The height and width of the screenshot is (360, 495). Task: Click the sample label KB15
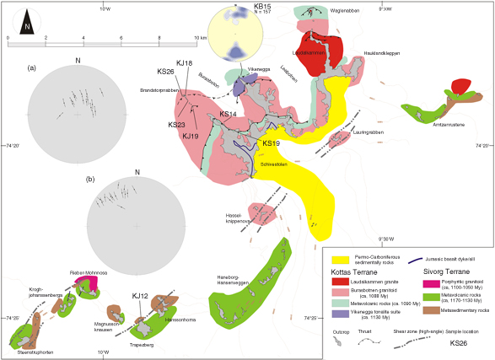[263, 7]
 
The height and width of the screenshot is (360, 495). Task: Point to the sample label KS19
[272, 144]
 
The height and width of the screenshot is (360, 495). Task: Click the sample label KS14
[228, 114]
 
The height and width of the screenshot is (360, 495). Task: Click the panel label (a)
[32, 67]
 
